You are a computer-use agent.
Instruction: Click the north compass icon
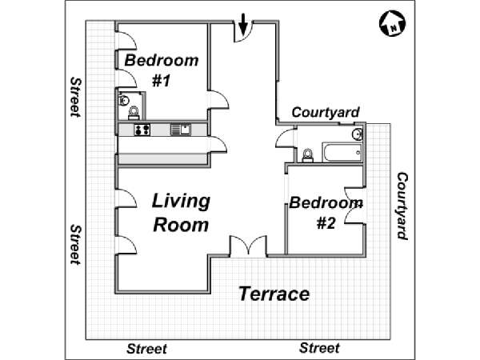[392, 24]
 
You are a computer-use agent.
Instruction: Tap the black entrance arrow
[242, 25]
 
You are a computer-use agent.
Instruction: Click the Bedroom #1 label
[162, 70]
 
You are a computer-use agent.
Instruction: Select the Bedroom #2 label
[326, 213]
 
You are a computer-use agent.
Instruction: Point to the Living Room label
[181, 213]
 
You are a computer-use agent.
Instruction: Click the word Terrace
[274, 294]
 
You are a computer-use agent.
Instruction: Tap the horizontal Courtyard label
[326, 112]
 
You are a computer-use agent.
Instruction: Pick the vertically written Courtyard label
[402, 206]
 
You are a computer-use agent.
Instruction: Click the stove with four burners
[142, 130]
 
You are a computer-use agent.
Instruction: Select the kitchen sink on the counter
[181, 130]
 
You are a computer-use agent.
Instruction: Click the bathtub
[342, 152]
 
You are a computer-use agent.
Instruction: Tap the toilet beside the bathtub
[307, 155]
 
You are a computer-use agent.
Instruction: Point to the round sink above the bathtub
[358, 134]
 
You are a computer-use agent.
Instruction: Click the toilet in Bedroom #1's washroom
[134, 113]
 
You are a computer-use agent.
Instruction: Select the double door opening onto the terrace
[248, 246]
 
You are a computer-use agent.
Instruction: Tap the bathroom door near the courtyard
[285, 138]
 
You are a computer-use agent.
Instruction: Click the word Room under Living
[181, 225]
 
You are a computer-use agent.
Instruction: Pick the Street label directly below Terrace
[319, 348]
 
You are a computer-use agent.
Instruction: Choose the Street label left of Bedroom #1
[76, 98]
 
